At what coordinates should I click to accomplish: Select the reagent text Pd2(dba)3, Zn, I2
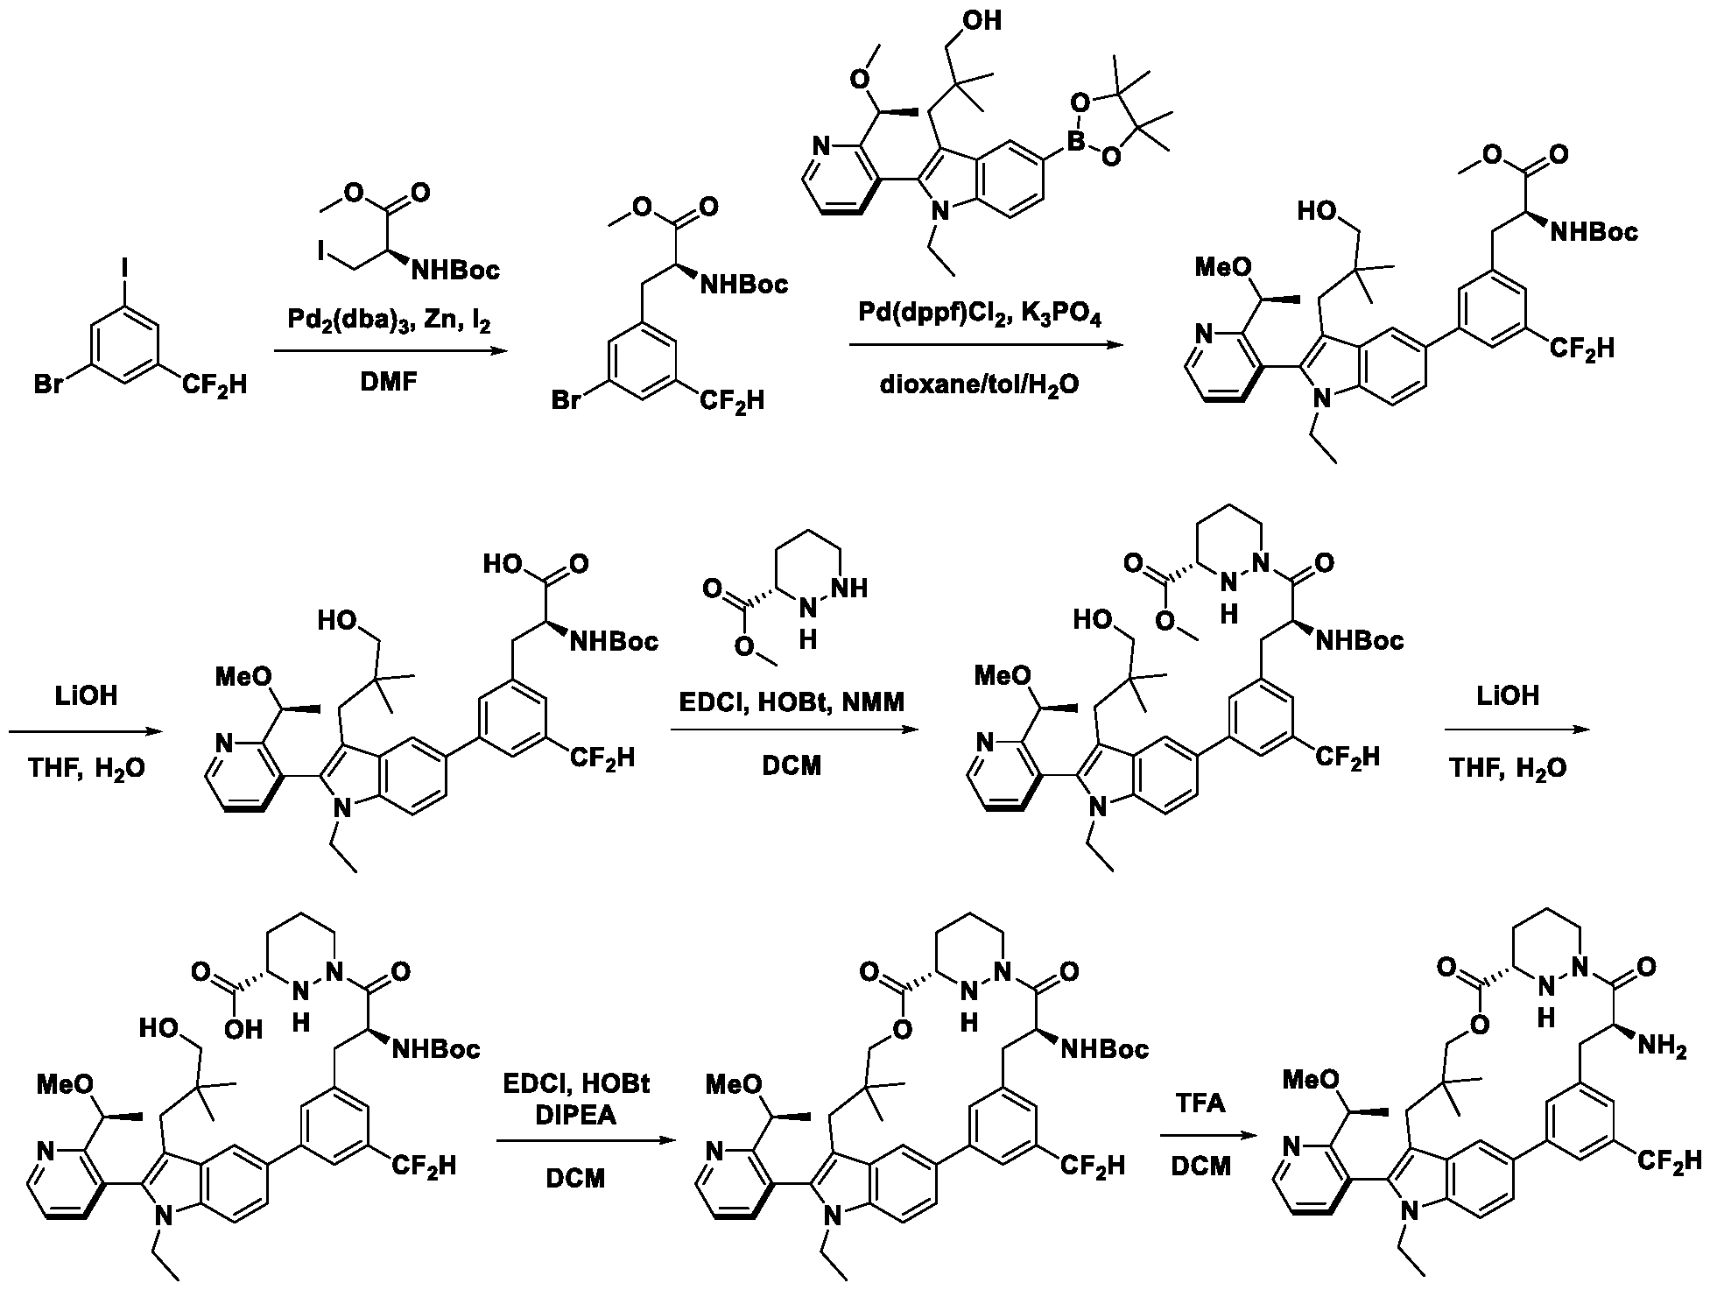390,321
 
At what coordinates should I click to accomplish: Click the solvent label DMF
391,383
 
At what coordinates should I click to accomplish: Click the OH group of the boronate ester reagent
982,19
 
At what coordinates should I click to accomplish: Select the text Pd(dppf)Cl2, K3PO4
985,314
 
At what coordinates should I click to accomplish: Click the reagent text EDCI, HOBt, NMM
793,702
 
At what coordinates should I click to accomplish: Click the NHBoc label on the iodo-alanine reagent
455,269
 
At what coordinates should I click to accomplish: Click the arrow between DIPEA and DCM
586,1141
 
